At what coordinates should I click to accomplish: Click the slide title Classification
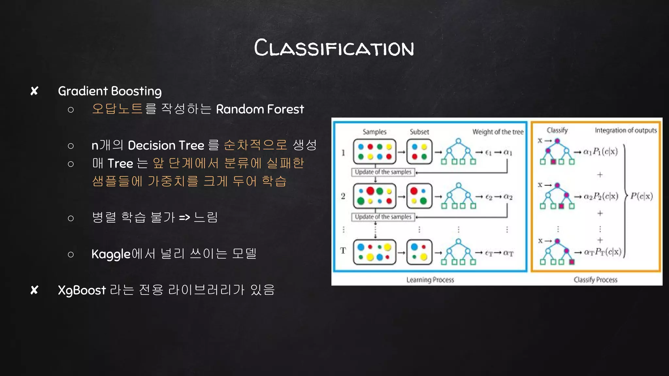click(334, 48)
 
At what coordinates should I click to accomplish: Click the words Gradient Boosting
click(110, 91)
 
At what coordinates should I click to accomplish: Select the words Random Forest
click(260, 109)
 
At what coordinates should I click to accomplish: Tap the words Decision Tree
click(166, 145)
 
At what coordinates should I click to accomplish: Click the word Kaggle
click(111, 254)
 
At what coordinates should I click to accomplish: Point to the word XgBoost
click(82, 290)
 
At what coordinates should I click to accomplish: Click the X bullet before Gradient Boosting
click(34, 91)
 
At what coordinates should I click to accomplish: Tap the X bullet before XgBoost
click(34, 290)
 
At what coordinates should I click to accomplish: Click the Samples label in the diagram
click(374, 132)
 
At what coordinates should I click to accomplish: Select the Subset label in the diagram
click(419, 132)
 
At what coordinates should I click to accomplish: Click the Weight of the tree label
click(498, 132)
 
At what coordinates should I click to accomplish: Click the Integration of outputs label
click(626, 131)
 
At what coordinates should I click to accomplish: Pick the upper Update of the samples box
click(383, 172)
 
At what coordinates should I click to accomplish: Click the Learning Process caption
click(430, 280)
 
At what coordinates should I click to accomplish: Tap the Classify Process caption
click(596, 280)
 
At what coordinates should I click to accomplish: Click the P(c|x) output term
click(642, 196)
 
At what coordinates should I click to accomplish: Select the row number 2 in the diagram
click(343, 196)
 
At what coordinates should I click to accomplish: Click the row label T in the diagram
click(343, 251)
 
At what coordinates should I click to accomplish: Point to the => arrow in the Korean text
click(185, 217)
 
